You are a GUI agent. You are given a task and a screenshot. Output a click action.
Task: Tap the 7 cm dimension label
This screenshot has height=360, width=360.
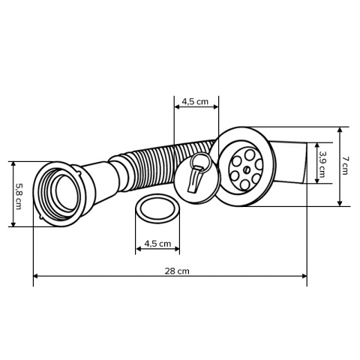346,166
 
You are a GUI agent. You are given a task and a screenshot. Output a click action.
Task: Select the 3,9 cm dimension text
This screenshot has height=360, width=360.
322,165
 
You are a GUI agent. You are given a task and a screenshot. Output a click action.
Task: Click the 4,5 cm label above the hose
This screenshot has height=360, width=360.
196,101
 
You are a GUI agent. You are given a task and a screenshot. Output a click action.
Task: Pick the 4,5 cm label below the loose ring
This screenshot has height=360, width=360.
157,244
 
